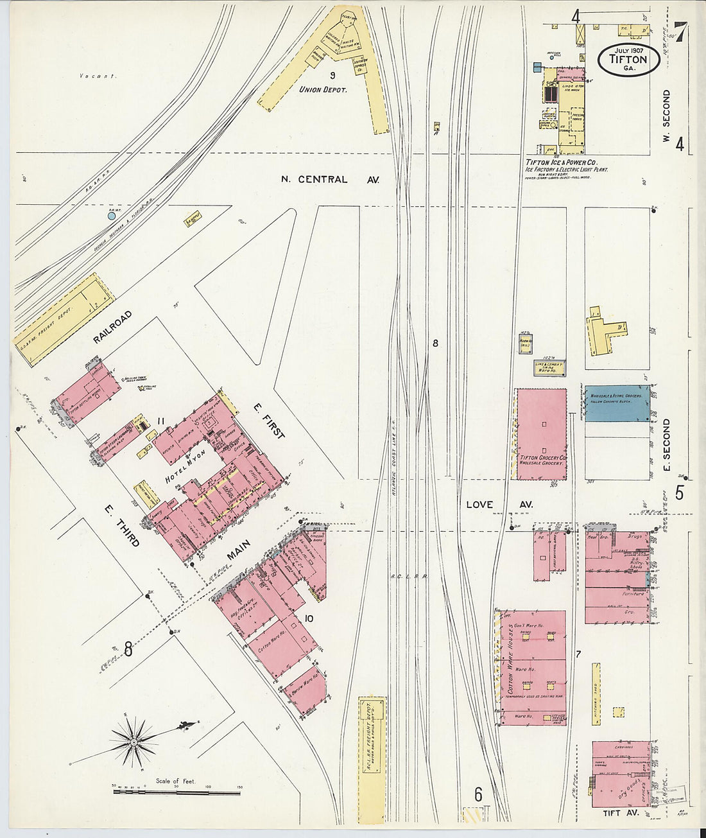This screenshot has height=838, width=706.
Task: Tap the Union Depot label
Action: coord(323,91)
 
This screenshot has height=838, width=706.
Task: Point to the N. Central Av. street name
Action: coord(330,180)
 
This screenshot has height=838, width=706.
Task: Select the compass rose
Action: coord(133,742)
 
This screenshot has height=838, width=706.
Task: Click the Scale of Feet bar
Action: coord(176,792)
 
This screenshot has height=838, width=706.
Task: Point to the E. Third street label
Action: coord(121,526)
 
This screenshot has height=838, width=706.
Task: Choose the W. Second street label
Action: coord(666,116)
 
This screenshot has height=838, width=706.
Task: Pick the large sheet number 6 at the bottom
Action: coord(478,795)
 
